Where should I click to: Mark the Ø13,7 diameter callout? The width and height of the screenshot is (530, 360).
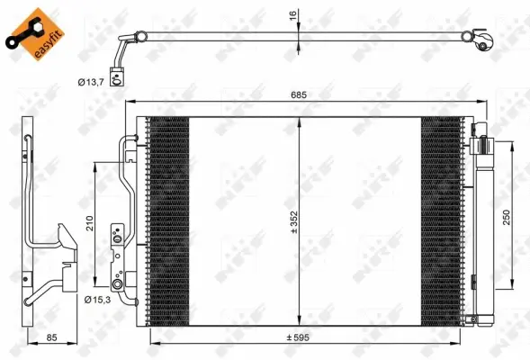(90, 82)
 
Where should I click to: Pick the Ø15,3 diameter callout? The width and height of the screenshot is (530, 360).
(96, 299)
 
